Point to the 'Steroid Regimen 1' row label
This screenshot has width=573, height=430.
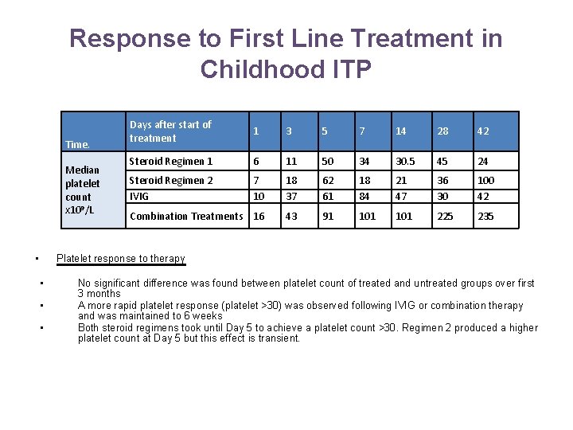point(171,162)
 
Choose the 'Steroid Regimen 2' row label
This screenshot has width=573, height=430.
point(171,181)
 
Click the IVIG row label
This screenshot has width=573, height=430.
point(139,196)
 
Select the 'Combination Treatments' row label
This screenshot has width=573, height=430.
point(186,216)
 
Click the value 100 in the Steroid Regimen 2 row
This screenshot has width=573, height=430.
point(485,181)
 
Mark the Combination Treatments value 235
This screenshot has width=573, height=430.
point(485,216)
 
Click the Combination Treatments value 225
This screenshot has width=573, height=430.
point(442,216)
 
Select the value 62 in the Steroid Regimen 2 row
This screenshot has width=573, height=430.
point(327,181)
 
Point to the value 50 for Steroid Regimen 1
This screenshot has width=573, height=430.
point(327,162)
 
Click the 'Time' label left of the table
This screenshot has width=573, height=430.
point(77,145)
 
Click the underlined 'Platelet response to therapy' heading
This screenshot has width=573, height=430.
point(120,259)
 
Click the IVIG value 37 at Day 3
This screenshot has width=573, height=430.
point(291,196)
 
